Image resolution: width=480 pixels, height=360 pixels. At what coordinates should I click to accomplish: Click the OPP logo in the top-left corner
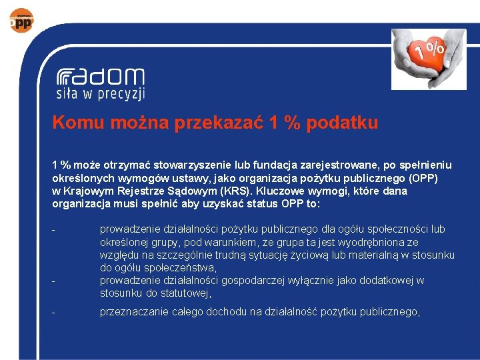click(x=20, y=20)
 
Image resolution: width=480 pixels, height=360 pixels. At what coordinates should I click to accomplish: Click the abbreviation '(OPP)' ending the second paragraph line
click(x=421, y=178)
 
